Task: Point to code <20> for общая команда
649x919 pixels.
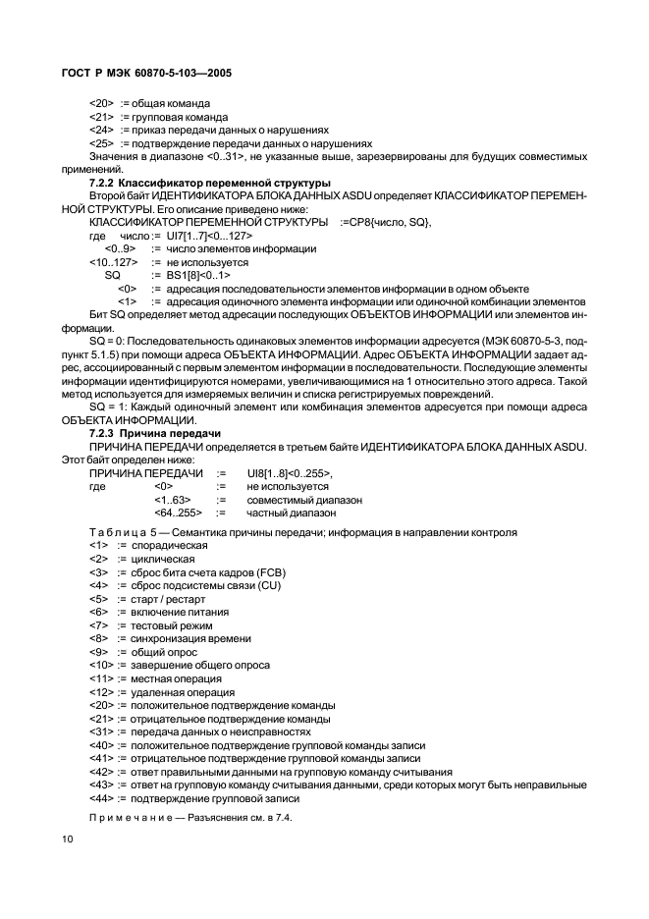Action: (x=101, y=103)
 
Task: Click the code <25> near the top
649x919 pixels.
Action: (x=101, y=142)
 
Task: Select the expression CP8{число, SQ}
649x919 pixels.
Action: (x=385, y=224)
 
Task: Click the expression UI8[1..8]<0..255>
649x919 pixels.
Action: (x=291, y=473)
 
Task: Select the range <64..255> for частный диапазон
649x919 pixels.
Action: (x=178, y=513)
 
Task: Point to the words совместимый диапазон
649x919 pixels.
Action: (x=304, y=500)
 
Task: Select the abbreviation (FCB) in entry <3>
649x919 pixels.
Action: (x=264, y=571)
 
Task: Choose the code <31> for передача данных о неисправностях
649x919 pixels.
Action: (x=101, y=731)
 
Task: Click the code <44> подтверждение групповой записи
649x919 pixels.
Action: (x=101, y=798)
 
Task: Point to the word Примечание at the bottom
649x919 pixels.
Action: (x=130, y=818)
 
